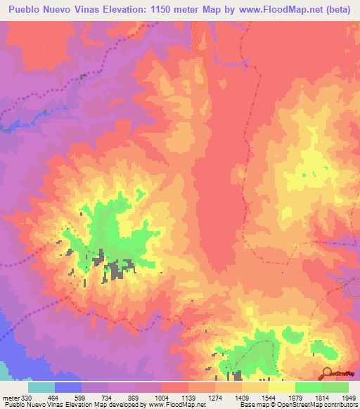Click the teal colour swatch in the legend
click(x=41, y=387)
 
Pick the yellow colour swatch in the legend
click(x=282, y=387)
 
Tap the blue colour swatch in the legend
click(x=68, y=387)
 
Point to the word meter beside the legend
click(x=11, y=398)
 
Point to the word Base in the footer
click(x=246, y=405)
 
